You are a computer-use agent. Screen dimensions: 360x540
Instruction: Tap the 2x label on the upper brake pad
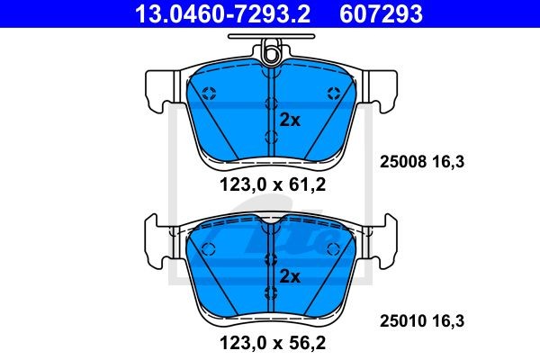[289, 119]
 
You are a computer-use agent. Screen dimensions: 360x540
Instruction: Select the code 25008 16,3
[422, 163]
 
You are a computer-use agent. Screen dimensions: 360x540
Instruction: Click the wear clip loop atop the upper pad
[271, 55]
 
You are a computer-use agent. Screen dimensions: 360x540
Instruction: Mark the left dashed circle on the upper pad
[209, 92]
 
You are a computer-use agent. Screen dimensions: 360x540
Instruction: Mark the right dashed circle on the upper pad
[334, 92]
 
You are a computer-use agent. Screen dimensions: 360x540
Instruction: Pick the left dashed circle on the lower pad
[209, 247]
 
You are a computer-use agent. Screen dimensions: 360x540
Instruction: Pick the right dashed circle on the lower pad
[334, 247]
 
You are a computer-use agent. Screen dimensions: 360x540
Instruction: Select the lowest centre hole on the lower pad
[271, 292]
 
